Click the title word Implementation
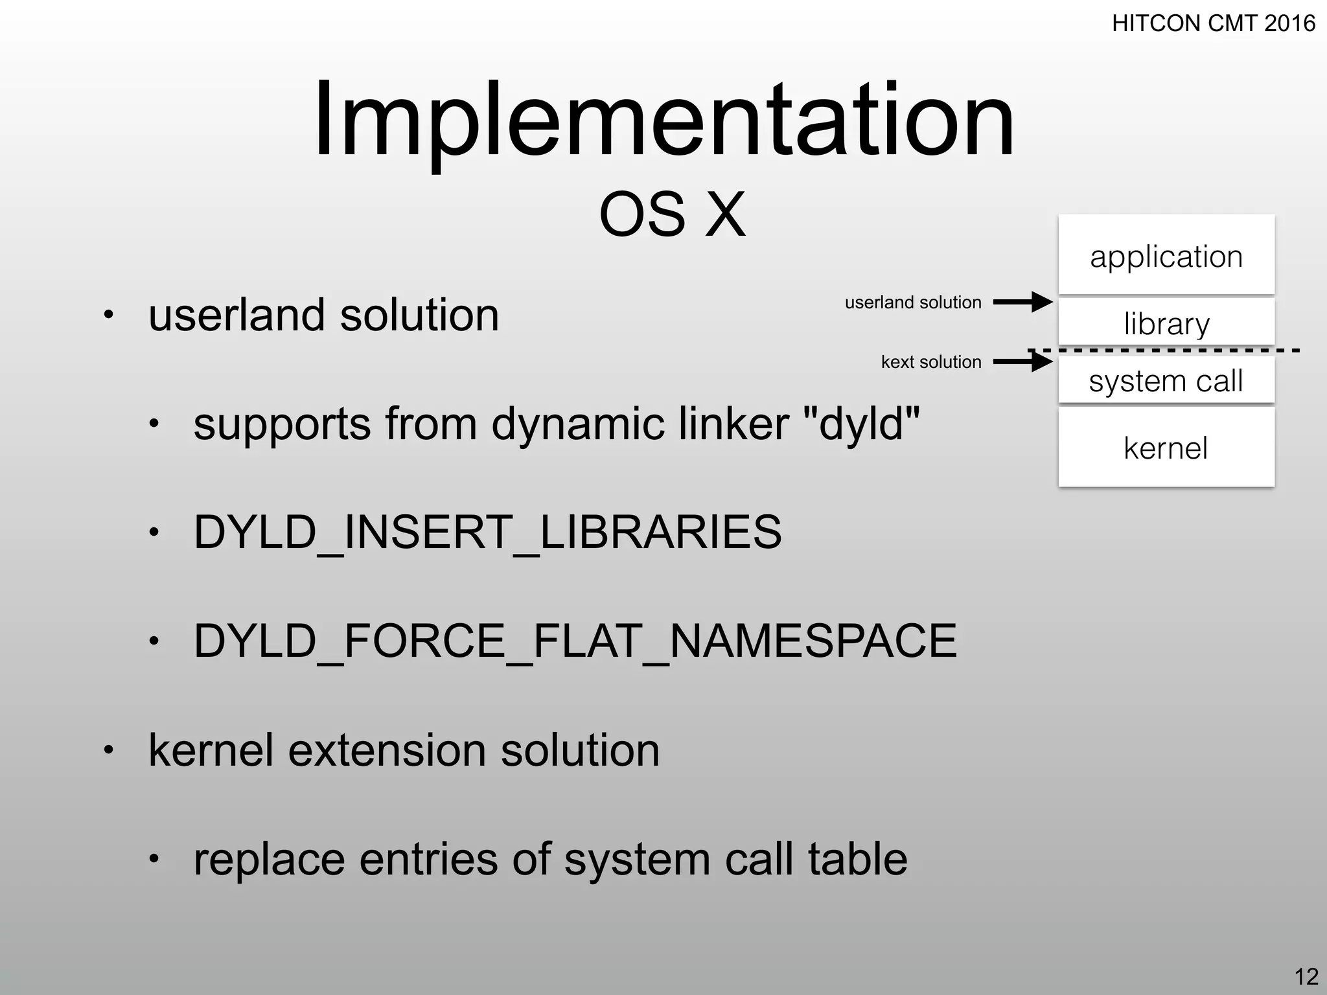(663, 120)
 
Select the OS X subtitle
(672, 214)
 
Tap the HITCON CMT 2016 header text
(1213, 24)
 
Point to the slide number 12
(1306, 976)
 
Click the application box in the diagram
(1166, 256)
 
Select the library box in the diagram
(1166, 323)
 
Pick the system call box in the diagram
(1166, 381)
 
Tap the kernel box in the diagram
(1166, 448)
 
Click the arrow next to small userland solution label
(1022, 302)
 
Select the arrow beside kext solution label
(1022, 361)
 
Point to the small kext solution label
(930, 361)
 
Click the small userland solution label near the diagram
(912, 303)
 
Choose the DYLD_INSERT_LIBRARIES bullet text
(487, 532)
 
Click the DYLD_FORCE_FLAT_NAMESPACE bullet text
(575, 641)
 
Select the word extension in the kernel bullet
(387, 750)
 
